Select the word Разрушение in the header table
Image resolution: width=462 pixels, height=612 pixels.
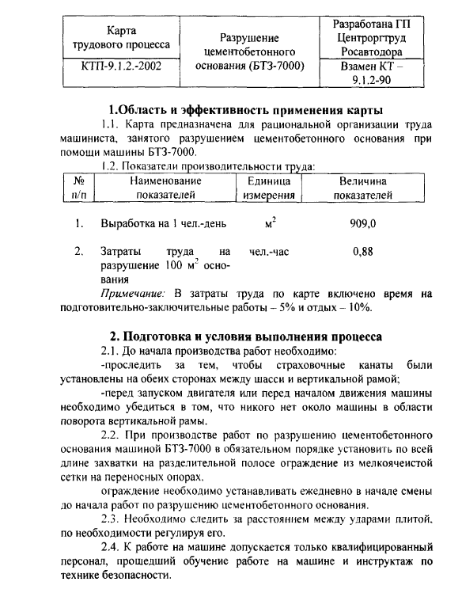tap(249, 37)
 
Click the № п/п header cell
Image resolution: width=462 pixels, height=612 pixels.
tap(78, 188)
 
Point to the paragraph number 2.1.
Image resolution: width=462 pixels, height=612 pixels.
tap(111, 351)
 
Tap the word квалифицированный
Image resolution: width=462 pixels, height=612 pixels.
tap(377, 547)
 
